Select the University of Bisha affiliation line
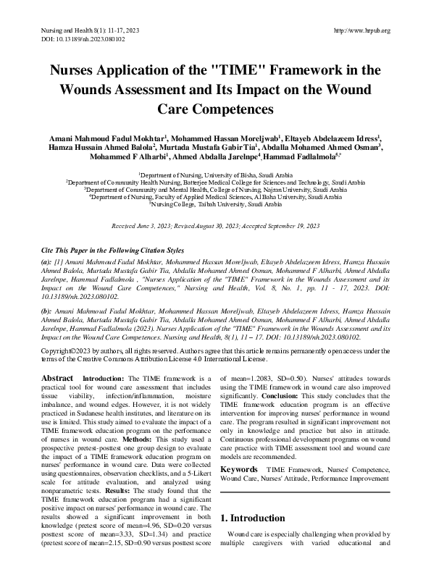[215, 175]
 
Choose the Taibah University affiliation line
[215, 205]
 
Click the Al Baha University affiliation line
[215, 198]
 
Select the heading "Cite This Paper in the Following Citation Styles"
[113, 250]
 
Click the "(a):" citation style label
[46, 261]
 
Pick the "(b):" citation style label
[46, 308]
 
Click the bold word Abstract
[57, 378]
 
